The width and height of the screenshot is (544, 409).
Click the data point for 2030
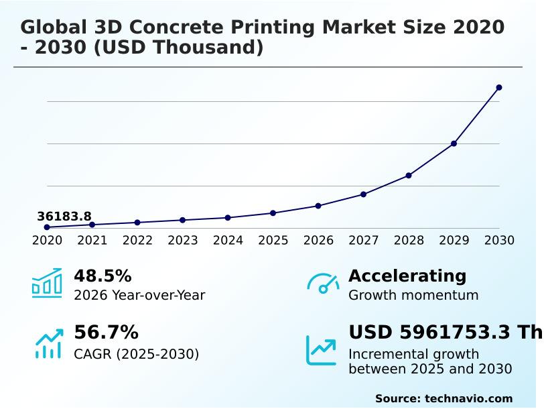click(x=499, y=88)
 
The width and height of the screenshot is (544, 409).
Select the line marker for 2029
click(x=454, y=143)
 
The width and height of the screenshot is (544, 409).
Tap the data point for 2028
click(x=409, y=176)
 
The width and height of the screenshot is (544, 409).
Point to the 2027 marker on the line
click(x=363, y=194)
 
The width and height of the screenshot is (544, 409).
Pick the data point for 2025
click(x=273, y=213)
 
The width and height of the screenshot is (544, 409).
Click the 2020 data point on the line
click(x=47, y=227)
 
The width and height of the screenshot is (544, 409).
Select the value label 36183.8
click(x=64, y=217)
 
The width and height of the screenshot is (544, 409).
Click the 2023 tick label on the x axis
click(x=182, y=240)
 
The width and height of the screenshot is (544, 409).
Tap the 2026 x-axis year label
click(x=318, y=240)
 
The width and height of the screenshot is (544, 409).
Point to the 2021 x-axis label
click(x=92, y=240)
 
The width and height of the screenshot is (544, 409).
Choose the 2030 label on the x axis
click(x=499, y=240)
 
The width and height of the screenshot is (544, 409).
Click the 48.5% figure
click(x=103, y=276)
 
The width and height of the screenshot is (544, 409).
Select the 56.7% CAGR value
click(x=106, y=333)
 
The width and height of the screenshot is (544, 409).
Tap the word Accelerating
click(x=407, y=276)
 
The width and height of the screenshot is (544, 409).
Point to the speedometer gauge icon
click(x=323, y=283)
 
